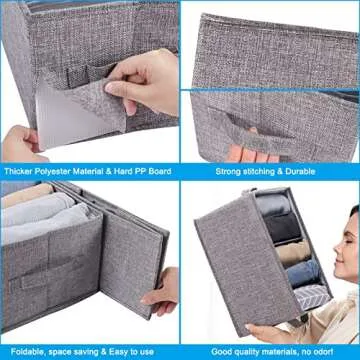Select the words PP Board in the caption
coord(152,172)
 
